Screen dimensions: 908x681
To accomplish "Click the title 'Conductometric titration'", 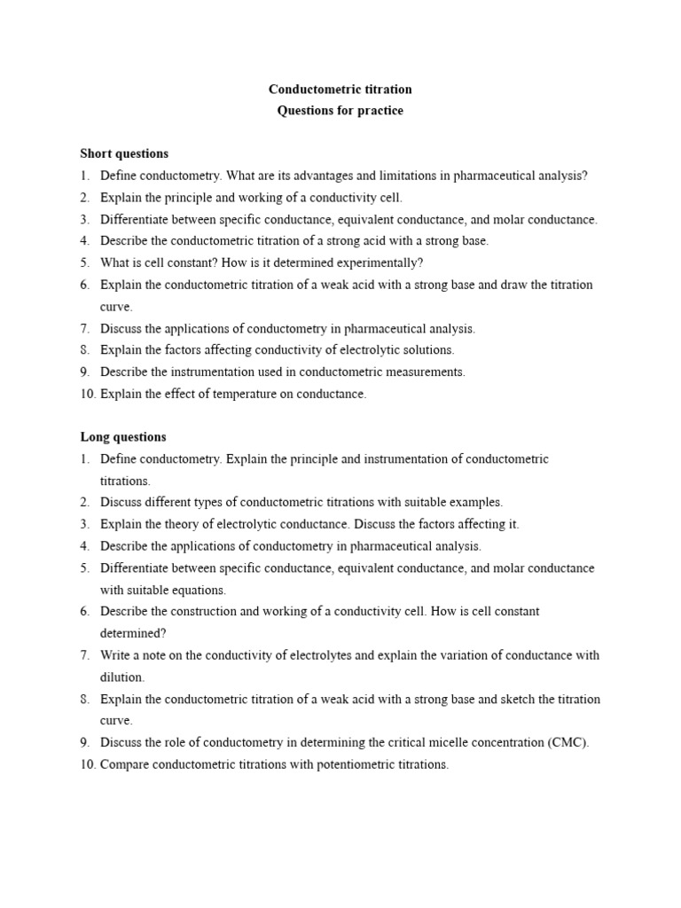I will pyautogui.click(x=340, y=90).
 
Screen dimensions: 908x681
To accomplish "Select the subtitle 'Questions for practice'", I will pyautogui.click(x=340, y=111).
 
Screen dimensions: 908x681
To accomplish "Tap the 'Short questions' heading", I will pyautogui.click(x=124, y=154).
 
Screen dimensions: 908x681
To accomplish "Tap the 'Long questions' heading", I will pyautogui.click(x=123, y=437).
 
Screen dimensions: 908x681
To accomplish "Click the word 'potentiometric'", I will pyautogui.click(x=346, y=764).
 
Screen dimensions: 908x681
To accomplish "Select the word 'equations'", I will pyautogui.click(x=200, y=590).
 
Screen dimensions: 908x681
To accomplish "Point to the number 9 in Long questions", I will pyautogui.click(x=85, y=742).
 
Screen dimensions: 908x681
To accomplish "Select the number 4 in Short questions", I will pyautogui.click(x=85, y=241).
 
